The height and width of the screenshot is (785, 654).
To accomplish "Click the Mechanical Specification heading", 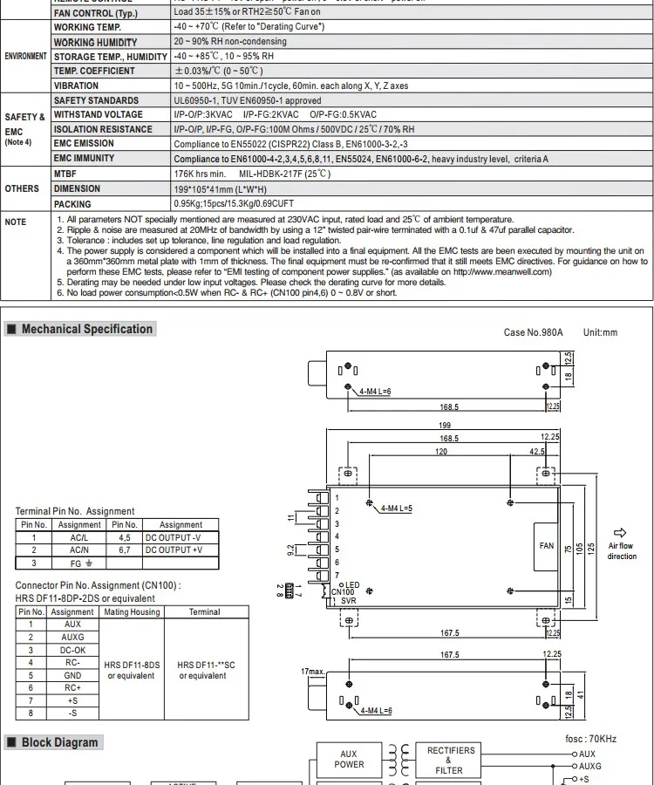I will (x=86, y=329).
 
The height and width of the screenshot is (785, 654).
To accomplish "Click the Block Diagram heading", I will (x=60, y=742).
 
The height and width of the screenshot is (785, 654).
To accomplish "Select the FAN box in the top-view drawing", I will (x=547, y=546).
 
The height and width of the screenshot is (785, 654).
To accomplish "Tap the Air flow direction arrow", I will (x=621, y=533).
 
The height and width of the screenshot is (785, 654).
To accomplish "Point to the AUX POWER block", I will (x=349, y=759).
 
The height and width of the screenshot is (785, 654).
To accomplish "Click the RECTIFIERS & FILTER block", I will (x=451, y=760).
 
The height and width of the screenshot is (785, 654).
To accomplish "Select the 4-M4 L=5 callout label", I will (x=397, y=509).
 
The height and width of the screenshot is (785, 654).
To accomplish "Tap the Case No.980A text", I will (x=534, y=332).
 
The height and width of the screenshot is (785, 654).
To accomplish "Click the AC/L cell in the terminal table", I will (x=79, y=538).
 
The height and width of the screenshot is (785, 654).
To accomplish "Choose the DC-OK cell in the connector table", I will (x=72, y=650).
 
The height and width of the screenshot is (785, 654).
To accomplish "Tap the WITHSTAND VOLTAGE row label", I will (x=98, y=114).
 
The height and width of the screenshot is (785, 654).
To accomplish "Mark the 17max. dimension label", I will (x=312, y=671).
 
